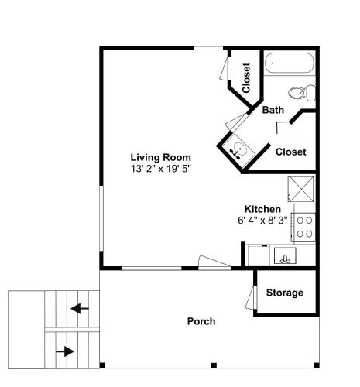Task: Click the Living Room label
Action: pyautogui.click(x=160, y=157)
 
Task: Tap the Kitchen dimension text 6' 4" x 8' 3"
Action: pyautogui.click(x=262, y=221)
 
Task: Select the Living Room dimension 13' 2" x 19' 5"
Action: pyautogui.click(x=160, y=169)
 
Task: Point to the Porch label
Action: pyautogui.click(x=201, y=321)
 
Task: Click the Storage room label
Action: pyautogui.click(x=285, y=293)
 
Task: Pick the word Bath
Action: pyautogui.click(x=273, y=110)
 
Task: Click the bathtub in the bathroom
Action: pyautogui.click(x=290, y=63)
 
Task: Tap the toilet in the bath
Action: pyautogui.click(x=302, y=93)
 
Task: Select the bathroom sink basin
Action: pyautogui.click(x=238, y=150)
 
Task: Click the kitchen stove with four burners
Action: pyautogui.click(x=303, y=228)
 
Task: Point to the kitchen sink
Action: pyautogui.click(x=285, y=255)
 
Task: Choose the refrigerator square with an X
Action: pyautogui.click(x=301, y=189)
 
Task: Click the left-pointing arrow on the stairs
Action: pyautogui.click(x=80, y=308)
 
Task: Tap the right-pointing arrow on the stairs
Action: pyautogui.click(x=65, y=351)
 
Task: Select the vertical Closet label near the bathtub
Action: pyautogui.click(x=246, y=78)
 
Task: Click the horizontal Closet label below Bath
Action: pyautogui.click(x=291, y=152)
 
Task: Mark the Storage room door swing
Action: pyautogui.click(x=251, y=297)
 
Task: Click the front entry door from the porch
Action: pyautogui.click(x=214, y=263)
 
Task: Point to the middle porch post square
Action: pyautogui.click(x=214, y=365)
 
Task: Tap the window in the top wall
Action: pyautogui.click(x=208, y=48)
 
